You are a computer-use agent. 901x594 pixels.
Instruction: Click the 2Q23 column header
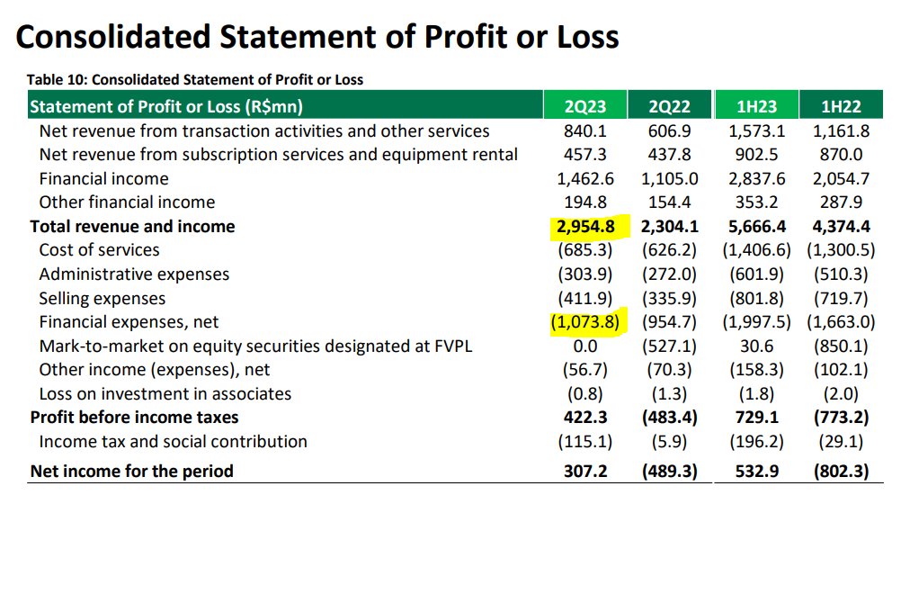click(584, 106)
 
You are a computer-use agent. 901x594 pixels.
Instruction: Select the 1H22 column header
click(841, 106)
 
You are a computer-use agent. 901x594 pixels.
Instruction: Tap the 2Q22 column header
click(670, 106)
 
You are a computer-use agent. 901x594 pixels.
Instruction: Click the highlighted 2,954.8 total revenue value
click(584, 227)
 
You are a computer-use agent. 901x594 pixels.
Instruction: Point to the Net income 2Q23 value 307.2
click(584, 471)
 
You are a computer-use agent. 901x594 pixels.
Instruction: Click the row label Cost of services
click(99, 250)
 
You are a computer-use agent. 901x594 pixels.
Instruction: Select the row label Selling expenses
click(102, 298)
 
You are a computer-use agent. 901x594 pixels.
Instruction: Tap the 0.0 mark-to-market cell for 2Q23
click(584, 346)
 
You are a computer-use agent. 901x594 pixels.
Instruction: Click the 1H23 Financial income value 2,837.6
click(756, 178)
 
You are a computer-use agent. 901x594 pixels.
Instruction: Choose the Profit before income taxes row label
click(134, 418)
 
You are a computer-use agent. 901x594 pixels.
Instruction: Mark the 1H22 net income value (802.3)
click(840, 471)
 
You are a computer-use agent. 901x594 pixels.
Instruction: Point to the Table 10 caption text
click(195, 79)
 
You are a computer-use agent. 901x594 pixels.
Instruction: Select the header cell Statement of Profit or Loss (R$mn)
click(166, 106)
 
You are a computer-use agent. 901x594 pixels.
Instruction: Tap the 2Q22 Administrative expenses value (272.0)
click(670, 274)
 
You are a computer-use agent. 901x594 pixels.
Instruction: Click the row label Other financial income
click(127, 202)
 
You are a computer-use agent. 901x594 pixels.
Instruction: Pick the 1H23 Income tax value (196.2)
click(756, 441)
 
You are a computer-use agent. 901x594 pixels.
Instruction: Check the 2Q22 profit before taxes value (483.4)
click(670, 418)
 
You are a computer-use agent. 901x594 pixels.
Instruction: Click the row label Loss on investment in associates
click(165, 393)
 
